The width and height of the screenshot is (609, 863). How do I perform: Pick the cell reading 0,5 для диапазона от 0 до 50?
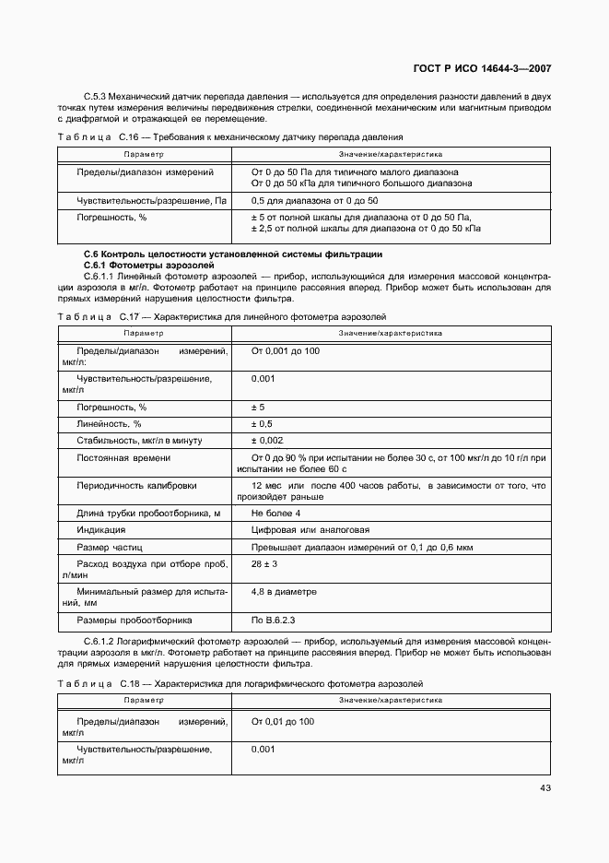314,201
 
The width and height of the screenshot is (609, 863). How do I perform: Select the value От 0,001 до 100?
286,351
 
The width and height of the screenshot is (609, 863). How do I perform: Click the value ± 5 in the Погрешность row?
258,407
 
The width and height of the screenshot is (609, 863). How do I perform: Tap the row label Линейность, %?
109,423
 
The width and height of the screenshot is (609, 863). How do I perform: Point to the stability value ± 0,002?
267,441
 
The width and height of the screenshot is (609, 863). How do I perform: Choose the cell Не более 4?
275,513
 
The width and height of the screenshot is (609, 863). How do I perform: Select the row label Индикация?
101,530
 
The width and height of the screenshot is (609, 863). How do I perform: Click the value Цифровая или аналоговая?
310,530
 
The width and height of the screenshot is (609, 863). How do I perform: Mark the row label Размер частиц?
110,548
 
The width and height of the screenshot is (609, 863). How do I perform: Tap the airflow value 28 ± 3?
264,563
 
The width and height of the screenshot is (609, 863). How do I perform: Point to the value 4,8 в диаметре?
284,592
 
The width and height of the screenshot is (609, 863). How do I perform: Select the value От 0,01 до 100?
283,721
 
